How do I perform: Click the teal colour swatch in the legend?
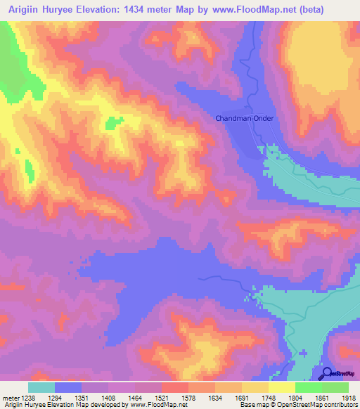(x=41, y=387)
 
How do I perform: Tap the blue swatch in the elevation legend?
(x=68, y=387)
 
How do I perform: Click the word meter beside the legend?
(x=11, y=398)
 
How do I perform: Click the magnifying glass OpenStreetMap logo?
(x=326, y=373)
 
